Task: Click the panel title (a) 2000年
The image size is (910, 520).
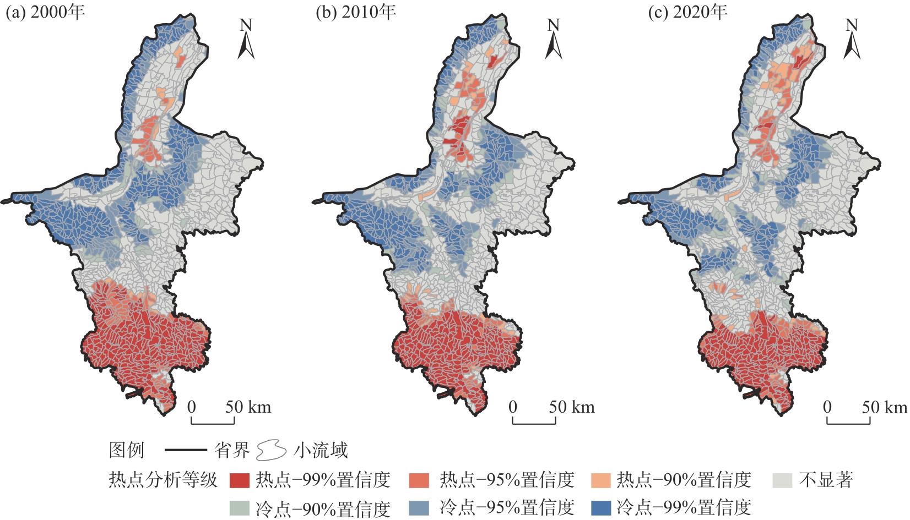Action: click(x=45, y=12)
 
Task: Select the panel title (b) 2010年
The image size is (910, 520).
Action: click(x=356, y=12)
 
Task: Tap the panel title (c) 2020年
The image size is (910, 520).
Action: click(x=686, y=12)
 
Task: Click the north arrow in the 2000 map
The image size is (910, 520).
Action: click(x=246, y=40)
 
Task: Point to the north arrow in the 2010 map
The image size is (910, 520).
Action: click(x=553, y=40)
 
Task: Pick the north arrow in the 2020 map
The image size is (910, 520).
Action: click(x=852, y=40)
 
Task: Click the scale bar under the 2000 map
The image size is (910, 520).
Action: click(x=213, y=421)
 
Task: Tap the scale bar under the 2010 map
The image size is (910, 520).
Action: click(x=534, y=421)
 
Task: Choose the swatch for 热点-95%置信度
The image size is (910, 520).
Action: click(x=420, y=480)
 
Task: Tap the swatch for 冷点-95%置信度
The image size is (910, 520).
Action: click(x=420, y=507)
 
